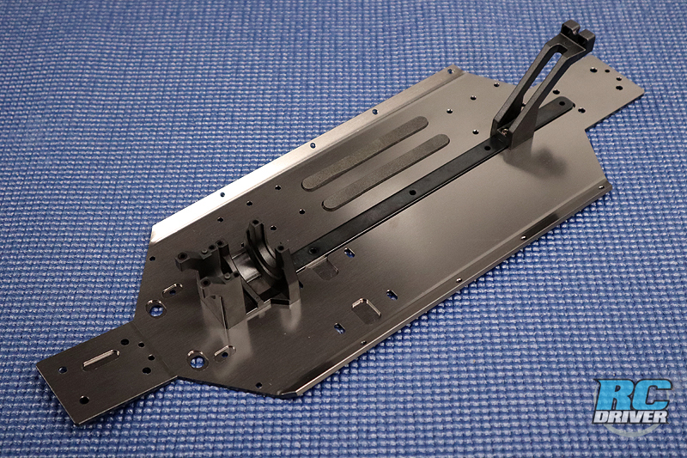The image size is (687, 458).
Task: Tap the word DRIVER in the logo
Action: click(631, 417)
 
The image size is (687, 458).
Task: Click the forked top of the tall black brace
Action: click(578, 32)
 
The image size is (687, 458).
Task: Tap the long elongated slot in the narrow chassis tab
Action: click(100, 358)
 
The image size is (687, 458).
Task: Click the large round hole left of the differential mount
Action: click(155, 308)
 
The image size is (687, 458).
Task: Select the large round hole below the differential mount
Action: click(198, 360)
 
